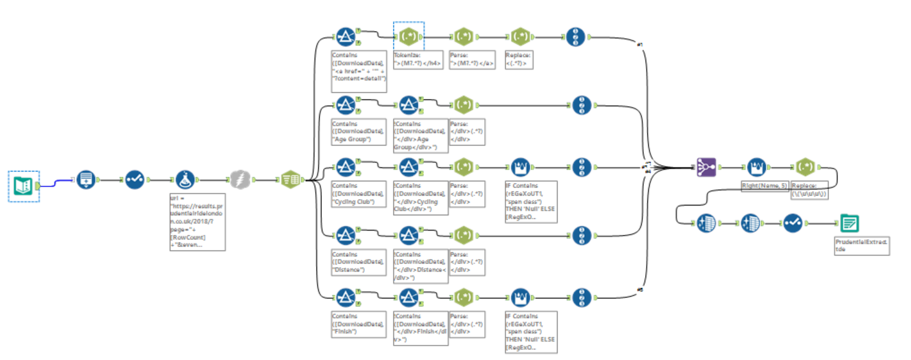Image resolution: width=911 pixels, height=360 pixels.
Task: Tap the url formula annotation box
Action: pos(197,221)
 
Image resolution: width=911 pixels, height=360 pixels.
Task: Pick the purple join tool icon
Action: pos(707,167)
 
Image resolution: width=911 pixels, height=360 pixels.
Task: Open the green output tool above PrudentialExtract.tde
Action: pos(850,224)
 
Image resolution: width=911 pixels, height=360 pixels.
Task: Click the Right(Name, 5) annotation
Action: pos(765,187)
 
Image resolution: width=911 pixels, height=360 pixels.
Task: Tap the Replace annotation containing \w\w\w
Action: pos(811,190)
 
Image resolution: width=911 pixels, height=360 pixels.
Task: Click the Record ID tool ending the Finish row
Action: pos(582,297)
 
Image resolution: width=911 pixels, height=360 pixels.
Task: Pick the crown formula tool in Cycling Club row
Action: pos(521,167)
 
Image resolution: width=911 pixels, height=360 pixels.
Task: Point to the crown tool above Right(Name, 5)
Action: pos(756,167)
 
